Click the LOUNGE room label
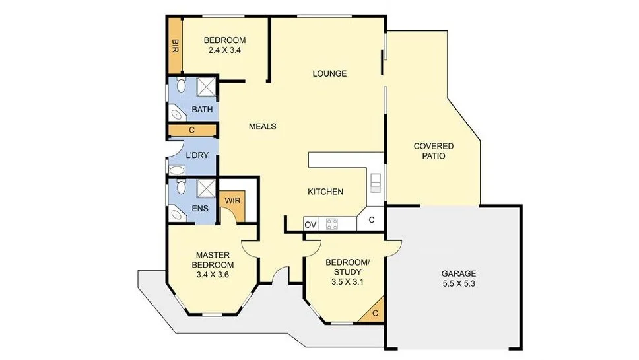pyautogui.click(x=329, y=73)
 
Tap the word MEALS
pyautogui.click(x=262, y=126)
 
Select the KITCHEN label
pyautogui.click(x=325, y=192)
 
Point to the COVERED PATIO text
pyautogui.click(x=433, y=151)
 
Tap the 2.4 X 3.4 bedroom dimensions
pyautogui.click(x=224, y=50)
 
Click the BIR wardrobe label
pyautogui.click(x=175, y=45)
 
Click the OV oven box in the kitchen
pyautogui.click(x=310, y=225)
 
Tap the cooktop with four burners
pyautogui.click(x=333, y=225)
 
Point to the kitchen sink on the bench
pyautogui.click(x=375, y=182)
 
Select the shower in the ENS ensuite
pyautogui.click(x=205, y=189)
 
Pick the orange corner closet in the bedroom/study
pyautogui.click(x=376, y=313)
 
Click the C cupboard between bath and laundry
pyautogui.click(x=191, y=130)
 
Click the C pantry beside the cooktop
pyautogui.click(x=372, y=220)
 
